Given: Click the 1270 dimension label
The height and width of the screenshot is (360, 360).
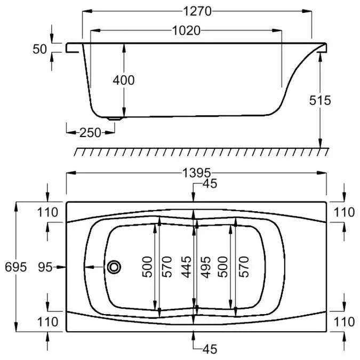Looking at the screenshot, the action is [197, 11].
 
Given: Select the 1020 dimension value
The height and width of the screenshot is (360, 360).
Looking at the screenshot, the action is [186, 30].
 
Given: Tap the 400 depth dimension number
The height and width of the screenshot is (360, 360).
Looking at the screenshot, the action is [124, 80].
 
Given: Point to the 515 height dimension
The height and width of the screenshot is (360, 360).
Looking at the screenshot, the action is [320, 100].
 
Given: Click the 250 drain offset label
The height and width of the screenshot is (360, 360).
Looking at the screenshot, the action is [90, 133].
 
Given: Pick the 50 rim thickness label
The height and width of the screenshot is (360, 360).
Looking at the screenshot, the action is [39, 49].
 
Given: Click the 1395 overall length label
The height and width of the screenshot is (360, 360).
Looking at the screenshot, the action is [196, 173].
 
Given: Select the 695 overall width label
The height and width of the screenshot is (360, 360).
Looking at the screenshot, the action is [16, 267].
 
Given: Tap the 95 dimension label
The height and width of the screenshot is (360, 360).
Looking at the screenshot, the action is [45, 267].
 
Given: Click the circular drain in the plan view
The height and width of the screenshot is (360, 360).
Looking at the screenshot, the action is [114, 267].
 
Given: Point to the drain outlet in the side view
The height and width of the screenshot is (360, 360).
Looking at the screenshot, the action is [114, 118].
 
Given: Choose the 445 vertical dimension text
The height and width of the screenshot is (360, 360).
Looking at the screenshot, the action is [186, 267].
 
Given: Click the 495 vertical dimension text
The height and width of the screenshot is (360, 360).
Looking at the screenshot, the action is [205, 267].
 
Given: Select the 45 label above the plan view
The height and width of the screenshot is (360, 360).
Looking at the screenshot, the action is [210, 184].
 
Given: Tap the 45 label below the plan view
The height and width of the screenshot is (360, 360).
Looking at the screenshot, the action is [210, 349].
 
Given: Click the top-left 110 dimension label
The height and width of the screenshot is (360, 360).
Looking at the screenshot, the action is [48, 212].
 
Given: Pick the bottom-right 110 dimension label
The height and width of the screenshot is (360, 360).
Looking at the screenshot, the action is [344, 322].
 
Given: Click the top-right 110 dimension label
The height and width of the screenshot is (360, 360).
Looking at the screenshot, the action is [344, 212].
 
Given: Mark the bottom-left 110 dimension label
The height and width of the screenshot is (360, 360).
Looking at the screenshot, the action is [48, 322].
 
